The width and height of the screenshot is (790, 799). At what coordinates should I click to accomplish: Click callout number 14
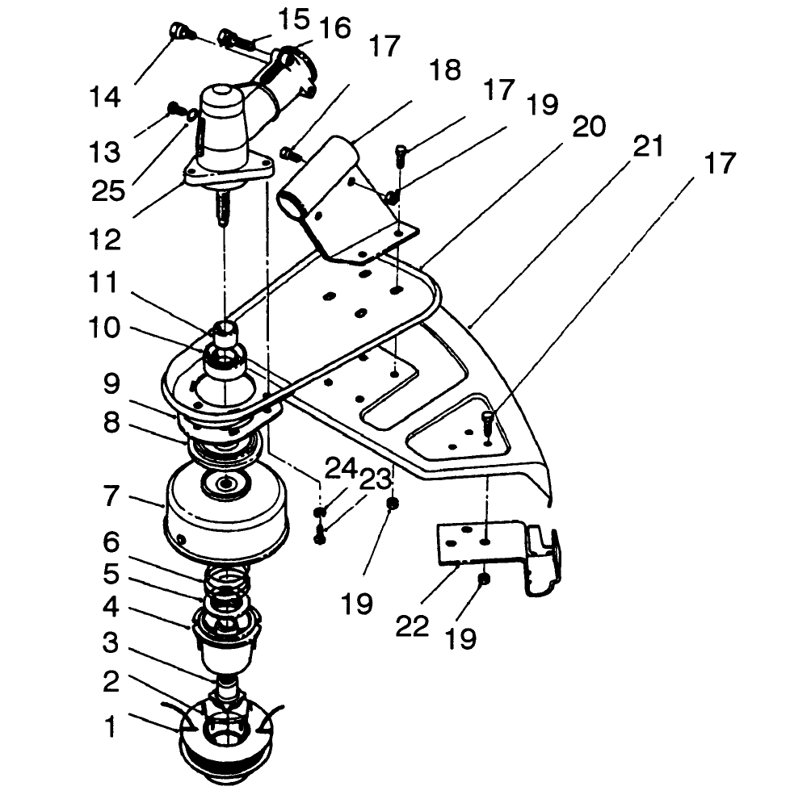[105, 98]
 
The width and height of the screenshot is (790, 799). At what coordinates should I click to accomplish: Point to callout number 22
[412, 626]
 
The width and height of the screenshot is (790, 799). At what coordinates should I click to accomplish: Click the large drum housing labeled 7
[226, 508]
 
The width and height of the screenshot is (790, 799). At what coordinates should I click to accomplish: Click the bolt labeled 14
[179, 32]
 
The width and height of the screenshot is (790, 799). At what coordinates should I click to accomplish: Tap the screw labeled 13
[173, 107]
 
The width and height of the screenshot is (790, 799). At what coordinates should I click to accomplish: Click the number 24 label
[339, 467]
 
